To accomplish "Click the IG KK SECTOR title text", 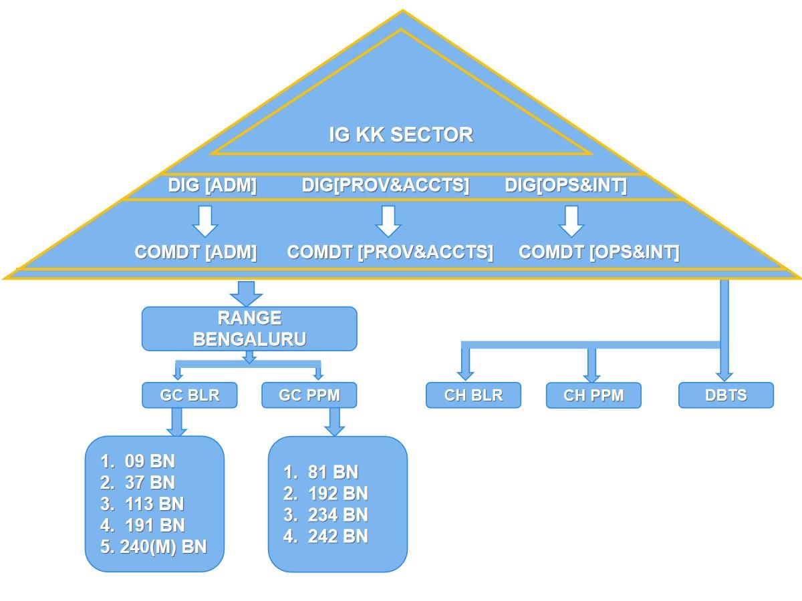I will pyautogui.click(x=401, y=134).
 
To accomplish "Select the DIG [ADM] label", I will pyautogui.click(x=212, y=185).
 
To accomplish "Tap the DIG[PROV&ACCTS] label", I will pyautogui.click(x=386, y=185).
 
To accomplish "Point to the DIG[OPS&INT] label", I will pyautogui.click(x=565, y=185).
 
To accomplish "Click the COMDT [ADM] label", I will pyautogui.click(x=196, y=252).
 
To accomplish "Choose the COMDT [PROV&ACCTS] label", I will pyautogui.click(x=390, y=252).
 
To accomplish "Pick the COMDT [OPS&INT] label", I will pyautogui.click(x=599, y=252).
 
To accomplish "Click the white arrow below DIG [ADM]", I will pyautogui.click(x=205, y=221).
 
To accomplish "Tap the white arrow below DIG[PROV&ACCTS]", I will pyautogui.click(x=387, y=221).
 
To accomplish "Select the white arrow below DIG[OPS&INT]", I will pyautogui.click(x=571, y=221).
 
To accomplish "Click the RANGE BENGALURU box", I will pyautogui.click(x=249, y=329).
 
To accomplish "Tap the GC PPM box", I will pyautogui.click(x=309, y=395).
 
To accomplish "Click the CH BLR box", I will pyautogui.click(x=473, y=395).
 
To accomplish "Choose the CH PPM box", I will pyautogui.click(x=593, y=395).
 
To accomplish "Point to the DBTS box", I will pyautogui.click(x=726, y=395).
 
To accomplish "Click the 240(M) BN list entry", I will pyautogui.click(x=162, y=547).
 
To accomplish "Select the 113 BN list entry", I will pyautogui.click(x=153, y=504).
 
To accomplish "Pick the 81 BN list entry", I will pyautogui.click(x=332, y=472).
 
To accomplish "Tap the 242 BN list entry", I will pyautogui.click(x=337, y=536).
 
